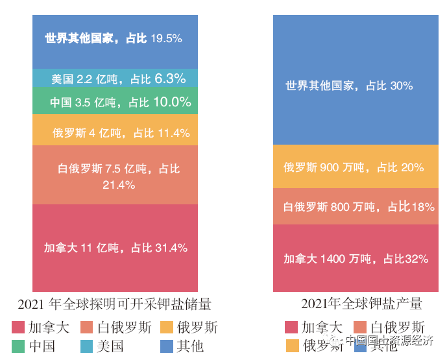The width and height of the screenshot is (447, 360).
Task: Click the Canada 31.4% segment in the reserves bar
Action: [x=115, y=248]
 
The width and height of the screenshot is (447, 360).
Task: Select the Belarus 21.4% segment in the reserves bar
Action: [x=115, y=175]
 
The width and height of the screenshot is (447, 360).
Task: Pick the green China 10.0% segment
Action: [x=115, y=102]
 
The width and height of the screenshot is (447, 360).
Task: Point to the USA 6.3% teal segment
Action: [x=115, y=78]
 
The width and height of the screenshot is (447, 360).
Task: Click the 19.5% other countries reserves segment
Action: [x=115, y=39]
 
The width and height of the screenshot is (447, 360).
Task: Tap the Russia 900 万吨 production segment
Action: [x=351, y=167]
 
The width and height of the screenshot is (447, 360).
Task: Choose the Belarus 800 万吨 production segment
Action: [x=351, y=207]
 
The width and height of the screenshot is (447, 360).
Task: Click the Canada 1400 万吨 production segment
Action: [x=351, y=258]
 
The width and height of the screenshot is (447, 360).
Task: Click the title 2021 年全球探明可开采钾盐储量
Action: [x=115, y=304]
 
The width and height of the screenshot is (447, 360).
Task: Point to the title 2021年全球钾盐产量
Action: [x=361, y=304]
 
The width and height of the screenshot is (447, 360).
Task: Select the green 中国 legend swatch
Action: [x=19, y=346]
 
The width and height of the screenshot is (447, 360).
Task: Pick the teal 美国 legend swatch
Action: [x=87, y=346]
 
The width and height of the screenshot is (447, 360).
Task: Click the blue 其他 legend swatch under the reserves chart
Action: [x=166, y=346]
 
